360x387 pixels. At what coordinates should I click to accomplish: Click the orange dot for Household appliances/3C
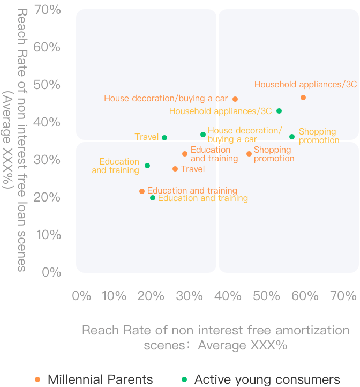click(303, 98)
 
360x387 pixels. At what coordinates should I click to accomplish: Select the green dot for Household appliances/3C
click(279, 111)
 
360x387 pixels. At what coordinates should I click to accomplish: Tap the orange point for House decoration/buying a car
click(235, 99)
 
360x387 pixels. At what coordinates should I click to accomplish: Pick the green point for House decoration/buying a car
click(203, 135)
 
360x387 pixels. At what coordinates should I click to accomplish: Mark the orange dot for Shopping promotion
click(249, 154)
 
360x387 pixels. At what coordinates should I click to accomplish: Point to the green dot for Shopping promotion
click(292, 137)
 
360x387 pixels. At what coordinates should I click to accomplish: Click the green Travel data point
click(164, 138)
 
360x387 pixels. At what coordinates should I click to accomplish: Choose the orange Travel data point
click(175, 169)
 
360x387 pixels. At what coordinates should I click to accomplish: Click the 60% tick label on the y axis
click(48, 47)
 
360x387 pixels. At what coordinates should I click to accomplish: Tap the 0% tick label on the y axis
click(51, 272)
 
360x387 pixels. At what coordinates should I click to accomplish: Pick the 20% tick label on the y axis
click(48, 197)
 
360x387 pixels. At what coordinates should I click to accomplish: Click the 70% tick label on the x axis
click(343, 295)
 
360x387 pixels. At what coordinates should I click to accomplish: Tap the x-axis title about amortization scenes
click(215, 337)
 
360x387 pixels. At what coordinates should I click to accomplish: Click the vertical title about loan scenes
click(15, 139)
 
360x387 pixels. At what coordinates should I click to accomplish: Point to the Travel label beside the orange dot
click(193, 169)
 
